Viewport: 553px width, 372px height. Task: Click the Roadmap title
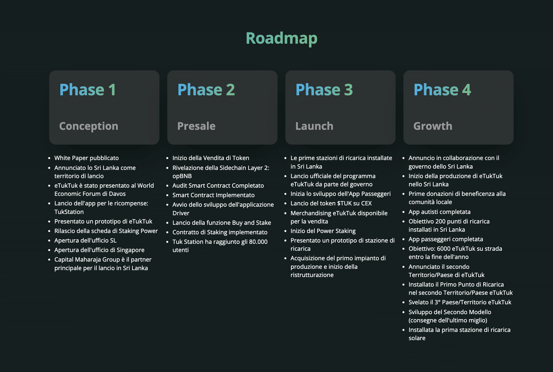[281, 38]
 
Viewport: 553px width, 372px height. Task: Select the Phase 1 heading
[88, 90]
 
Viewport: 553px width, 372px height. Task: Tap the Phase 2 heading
[206, 90]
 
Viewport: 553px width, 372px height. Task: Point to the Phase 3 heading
[324, 90]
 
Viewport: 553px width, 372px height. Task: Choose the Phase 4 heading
[442, 90]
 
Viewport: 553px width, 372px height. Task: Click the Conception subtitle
[89, 126]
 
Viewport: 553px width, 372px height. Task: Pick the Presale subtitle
[196, 126]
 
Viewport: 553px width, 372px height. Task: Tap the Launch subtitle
[314, 126]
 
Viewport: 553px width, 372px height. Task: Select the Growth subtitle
[433, 126]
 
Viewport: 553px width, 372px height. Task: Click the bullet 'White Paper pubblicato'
[87, 158]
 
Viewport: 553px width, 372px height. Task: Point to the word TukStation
[69, 212]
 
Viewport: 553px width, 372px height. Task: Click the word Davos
[117, 194]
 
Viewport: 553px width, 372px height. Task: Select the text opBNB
[182, 176]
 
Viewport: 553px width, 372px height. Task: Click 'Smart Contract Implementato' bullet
[214, 195]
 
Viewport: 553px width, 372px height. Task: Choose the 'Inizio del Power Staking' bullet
[323, 231]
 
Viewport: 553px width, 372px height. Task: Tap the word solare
[417, 338]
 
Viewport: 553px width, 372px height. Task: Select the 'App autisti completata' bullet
[440, 212]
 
